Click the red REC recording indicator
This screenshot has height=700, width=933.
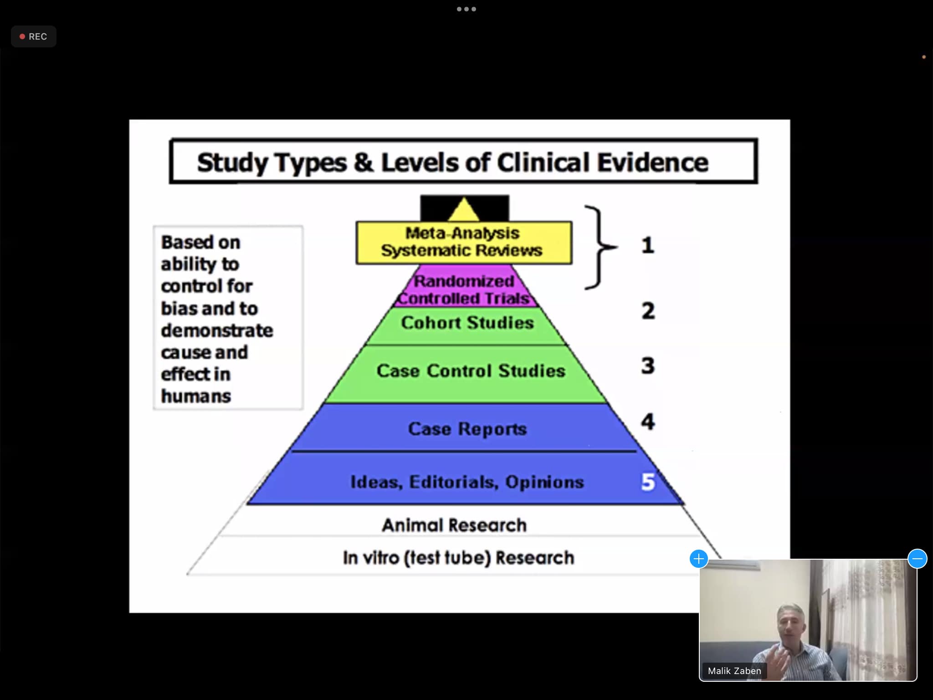[33, 36]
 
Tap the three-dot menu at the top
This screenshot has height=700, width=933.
[466, 9]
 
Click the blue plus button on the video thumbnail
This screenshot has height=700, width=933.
[698, 558]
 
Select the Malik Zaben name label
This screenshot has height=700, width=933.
[734, 671]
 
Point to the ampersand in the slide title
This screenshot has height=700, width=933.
[363, 163]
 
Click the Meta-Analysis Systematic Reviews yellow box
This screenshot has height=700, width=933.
[463, 242]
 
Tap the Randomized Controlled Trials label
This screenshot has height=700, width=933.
[464, 290]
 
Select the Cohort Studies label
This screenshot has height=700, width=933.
[467, 323]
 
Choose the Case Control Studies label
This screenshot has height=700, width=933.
[471, 371]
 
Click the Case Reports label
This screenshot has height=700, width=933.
[467, 429]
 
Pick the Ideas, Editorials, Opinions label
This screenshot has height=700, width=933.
[467, 482]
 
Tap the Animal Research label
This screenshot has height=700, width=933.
[454, 525]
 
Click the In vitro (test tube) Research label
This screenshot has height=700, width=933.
[458, 558]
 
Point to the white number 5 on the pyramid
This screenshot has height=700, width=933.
[648, 482]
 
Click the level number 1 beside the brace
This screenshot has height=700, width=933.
[648, 246]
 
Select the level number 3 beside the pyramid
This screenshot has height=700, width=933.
[648, 365]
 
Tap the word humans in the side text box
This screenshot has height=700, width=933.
[196, 396]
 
